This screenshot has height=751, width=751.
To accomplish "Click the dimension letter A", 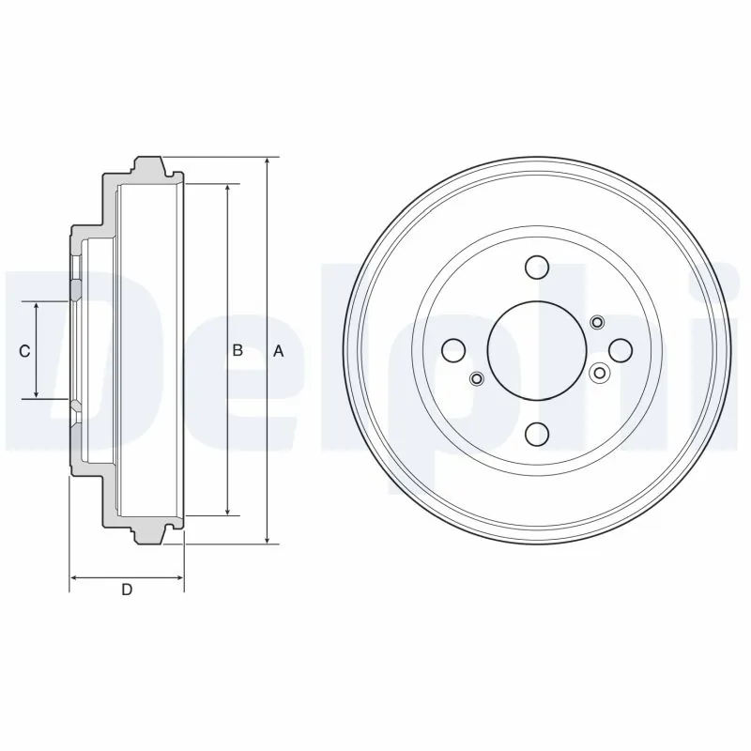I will point(278,351).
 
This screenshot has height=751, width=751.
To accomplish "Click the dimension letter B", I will point(238,350).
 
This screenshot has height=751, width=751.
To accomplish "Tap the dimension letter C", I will point(25,351).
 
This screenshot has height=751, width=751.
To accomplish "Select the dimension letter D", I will point(127,590).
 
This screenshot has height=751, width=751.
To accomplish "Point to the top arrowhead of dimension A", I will point(268,162).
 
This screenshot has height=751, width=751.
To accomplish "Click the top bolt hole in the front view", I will point(537,268).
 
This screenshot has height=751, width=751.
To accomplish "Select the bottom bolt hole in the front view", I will point(537,434).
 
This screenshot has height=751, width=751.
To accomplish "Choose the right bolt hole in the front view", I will point(621,350).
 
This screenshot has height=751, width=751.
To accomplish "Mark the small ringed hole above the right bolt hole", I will point(597,323).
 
